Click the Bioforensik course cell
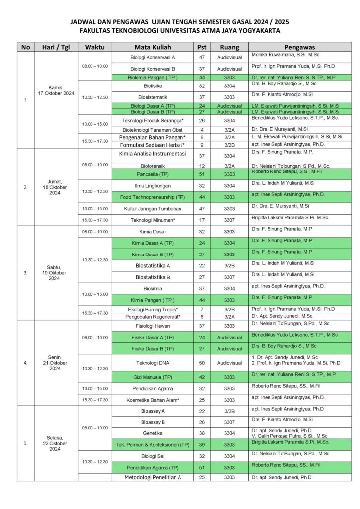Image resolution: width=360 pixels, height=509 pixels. [x=153, y=165]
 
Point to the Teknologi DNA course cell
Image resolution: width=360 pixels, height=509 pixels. [x=153, y=363]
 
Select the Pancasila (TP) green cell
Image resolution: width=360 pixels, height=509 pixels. [x=153, y=174]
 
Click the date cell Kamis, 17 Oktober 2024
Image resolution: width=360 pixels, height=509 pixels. [x=55, y=90]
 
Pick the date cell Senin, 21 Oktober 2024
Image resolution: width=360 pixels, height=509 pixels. [x=55, y=362]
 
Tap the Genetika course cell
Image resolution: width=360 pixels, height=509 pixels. [x=153, y=433]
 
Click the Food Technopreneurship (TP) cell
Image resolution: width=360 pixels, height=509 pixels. [x=153, y=197]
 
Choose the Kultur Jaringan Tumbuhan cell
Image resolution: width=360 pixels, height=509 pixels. [x=153, y=208]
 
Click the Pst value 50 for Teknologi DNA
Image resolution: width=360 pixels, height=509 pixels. [x=202, y=363]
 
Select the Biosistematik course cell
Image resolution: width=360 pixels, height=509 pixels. [x=153, y=97]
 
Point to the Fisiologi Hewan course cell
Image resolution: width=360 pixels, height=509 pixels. [x=153, y=326]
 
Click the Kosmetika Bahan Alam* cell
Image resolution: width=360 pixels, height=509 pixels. [x=153, y=400]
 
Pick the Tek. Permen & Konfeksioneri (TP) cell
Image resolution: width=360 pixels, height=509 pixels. [x=153, y=444]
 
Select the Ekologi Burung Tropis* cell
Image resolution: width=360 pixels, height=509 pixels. [x=153, y=309]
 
